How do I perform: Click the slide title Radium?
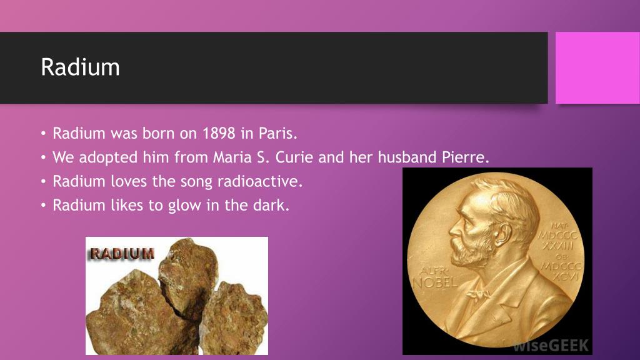(80, 67)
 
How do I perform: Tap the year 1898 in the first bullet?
(218, 134)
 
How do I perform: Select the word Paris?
(280, 134)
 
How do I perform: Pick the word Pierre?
(466, 157)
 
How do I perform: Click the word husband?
(407, 157)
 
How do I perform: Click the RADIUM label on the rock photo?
(122, 254)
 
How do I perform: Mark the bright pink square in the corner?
(597, 67)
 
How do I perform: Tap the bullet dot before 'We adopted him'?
(44, 157)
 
